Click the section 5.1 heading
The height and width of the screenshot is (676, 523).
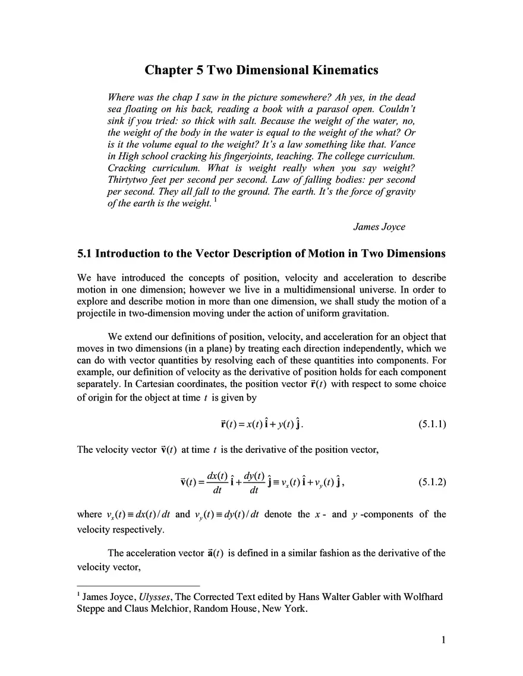261,254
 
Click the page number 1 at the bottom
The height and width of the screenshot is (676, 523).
443,640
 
